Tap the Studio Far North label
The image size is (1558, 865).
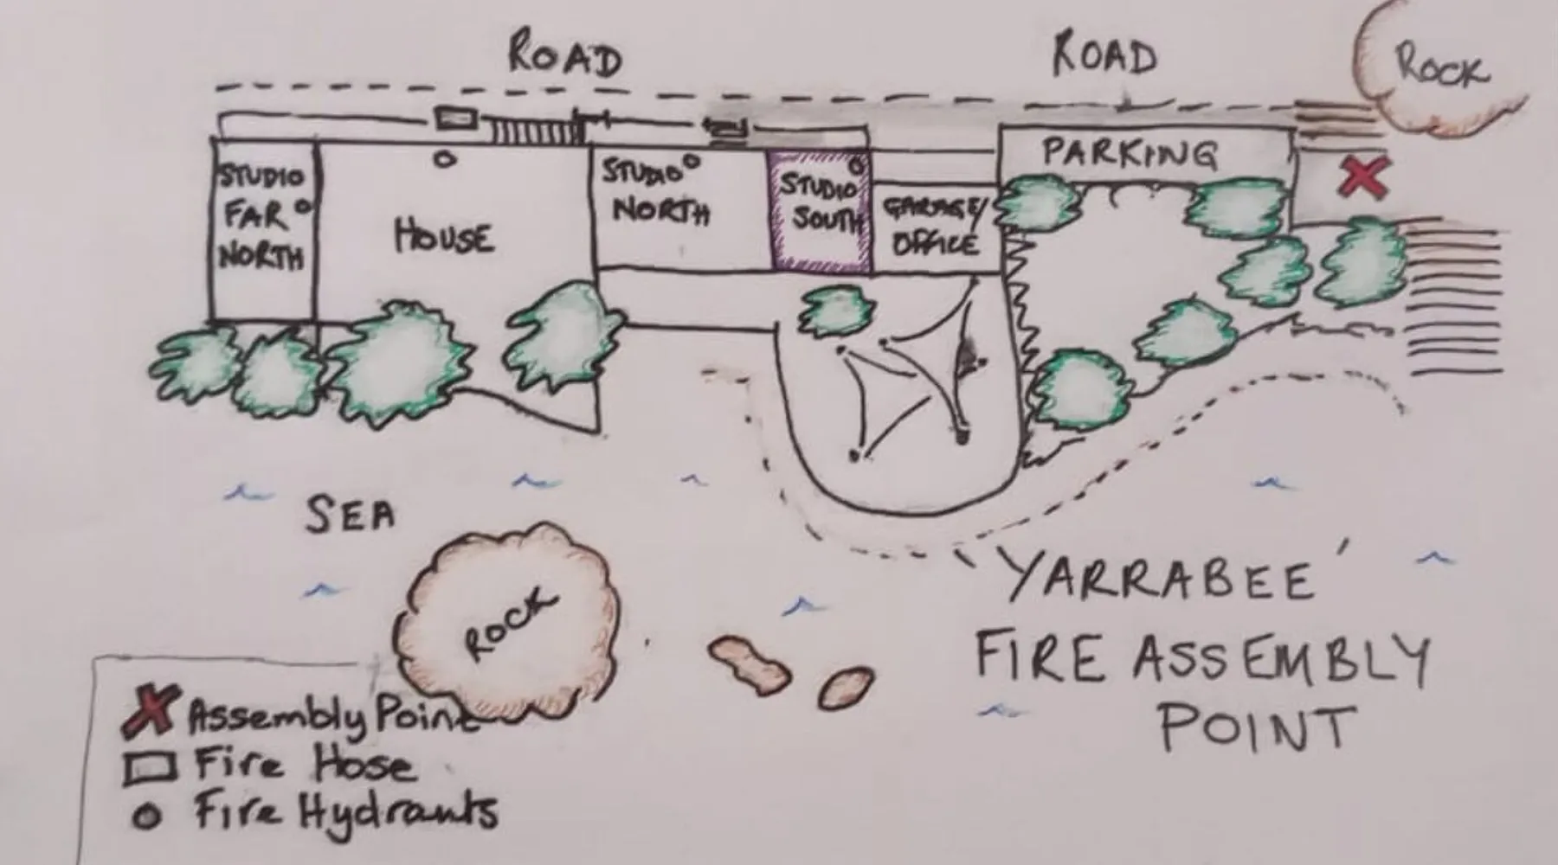[260, 216]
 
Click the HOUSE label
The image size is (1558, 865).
[444, 236]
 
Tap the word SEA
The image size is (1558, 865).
[351, 515]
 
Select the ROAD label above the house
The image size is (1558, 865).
[565, 56]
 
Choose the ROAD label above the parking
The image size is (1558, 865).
[1104, 56]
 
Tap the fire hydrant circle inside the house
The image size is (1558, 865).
[445, 158]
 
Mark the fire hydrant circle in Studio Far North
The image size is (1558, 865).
[303, 207]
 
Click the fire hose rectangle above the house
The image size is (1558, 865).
[456, 119]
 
